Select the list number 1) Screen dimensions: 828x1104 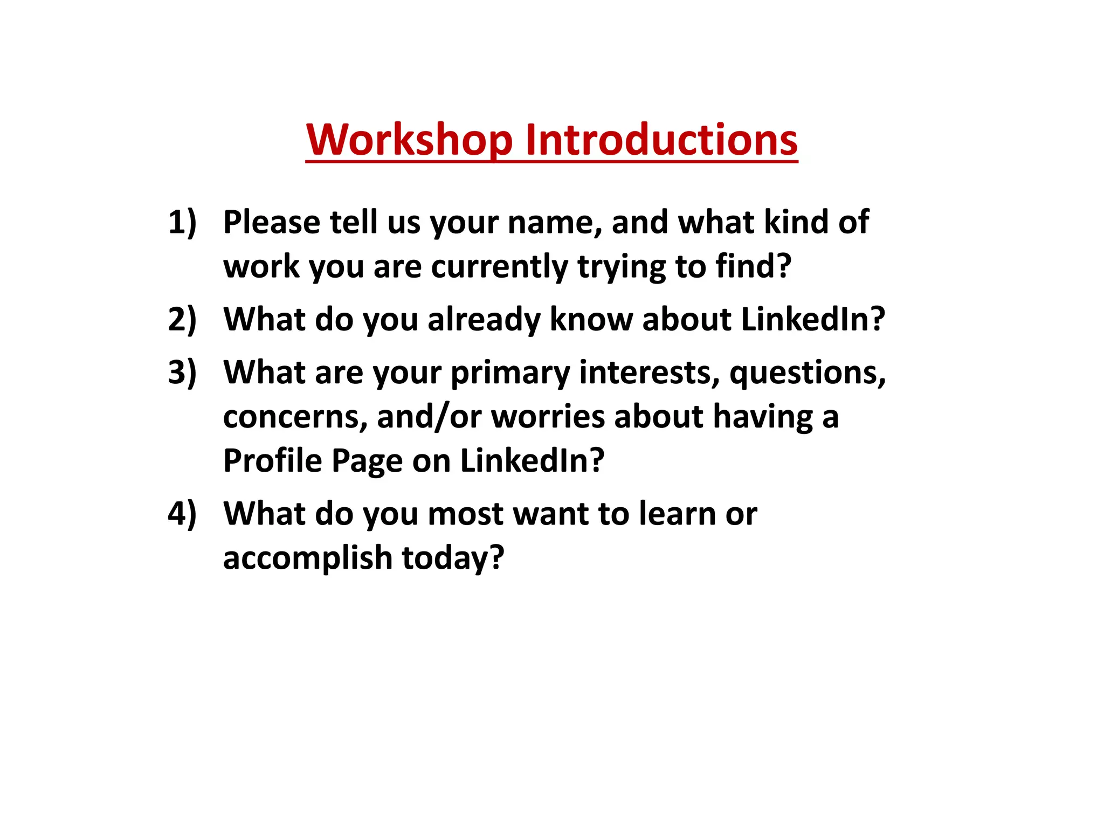point(182,222)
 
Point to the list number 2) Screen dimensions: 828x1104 point(182,319)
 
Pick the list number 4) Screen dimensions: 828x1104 point(182,513)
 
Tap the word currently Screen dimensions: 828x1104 point(499,266)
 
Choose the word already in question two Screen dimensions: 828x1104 point(484,319)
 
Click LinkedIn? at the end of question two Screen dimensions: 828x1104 point(813,319)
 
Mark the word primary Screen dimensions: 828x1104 point(510,373)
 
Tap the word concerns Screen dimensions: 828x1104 point(295,417)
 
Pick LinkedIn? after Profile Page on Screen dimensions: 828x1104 point(532,461)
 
